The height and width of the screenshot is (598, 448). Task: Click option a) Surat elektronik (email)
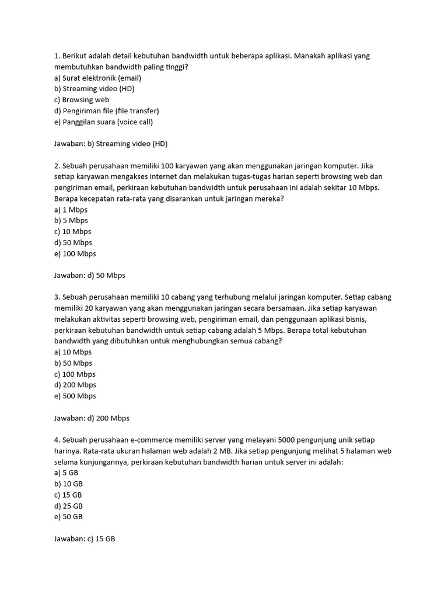pyautogui.click(x=97, y=78)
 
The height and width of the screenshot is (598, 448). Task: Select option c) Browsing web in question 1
pyautogui.click(x=82, y=100)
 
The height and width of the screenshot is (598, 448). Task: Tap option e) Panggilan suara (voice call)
pyautogui.click(x=103, y=122)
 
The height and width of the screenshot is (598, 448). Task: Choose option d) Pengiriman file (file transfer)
pyautogui.click(x=106, y=111)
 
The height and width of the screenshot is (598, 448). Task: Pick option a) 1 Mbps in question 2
pyautogui.click(x=71, y=210)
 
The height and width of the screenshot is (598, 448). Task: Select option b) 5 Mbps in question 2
pyautogui.click(x=71, y=221)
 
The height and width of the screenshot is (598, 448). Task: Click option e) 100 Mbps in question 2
pyautogui.click(x=75, y=254)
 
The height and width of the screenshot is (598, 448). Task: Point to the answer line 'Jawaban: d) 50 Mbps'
pyautogui.click(x=90, y=276)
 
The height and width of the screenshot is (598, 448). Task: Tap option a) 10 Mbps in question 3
pyautogui.click(x=73, y=352)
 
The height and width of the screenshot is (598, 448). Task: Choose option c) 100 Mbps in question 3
pyautogui.click(x=75, y=374)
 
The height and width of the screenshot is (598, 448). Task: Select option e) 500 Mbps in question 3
pyautogui.click(x=75, y=396)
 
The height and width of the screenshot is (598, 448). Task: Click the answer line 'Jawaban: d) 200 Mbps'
pyautogui.click(x=92, y=418)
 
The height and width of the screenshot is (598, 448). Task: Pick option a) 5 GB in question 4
pyautogui.click(x=66, y=473)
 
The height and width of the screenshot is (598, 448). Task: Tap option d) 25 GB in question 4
pyautogui.click(x=68, y=506)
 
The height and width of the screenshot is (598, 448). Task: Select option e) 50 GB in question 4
pyautogui.click(x=68, y=517)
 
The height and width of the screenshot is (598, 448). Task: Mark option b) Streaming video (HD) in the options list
pyautogui.click(x=94, y=89)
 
